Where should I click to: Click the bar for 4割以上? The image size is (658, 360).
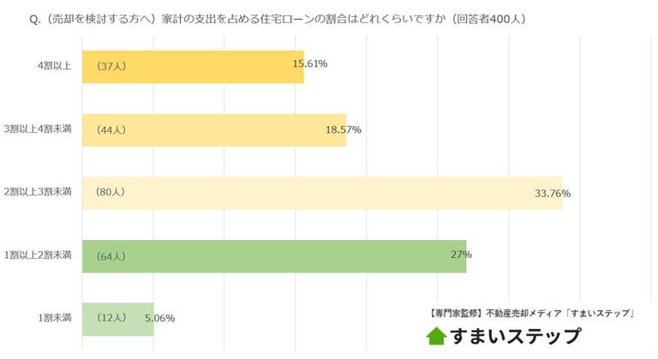tap(193, 66)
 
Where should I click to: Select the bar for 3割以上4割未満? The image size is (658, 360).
tap(214, 129)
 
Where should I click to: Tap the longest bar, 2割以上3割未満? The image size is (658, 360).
tap(321, 193)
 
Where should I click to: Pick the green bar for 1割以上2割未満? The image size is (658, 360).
tap(274, 255)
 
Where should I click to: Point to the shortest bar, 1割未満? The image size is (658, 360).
tap(117, 318)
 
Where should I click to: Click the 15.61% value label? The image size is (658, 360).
tap(310, 64)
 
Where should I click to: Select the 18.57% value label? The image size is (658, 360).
tap(344, 129)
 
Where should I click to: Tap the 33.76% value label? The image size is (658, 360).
tap(553, 193)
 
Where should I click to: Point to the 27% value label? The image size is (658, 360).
tap(461, 255)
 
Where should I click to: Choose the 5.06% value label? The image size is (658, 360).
tap(160, 318)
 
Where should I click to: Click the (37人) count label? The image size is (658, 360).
tap(111, 66)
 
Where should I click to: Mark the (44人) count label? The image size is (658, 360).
tap(111, 129)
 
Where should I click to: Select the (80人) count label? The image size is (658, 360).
tap(111, 192)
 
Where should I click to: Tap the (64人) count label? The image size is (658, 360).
tap(111, 255)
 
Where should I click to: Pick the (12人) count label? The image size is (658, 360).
tap(111, 318)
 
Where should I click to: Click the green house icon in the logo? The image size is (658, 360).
tap(437, 336)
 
